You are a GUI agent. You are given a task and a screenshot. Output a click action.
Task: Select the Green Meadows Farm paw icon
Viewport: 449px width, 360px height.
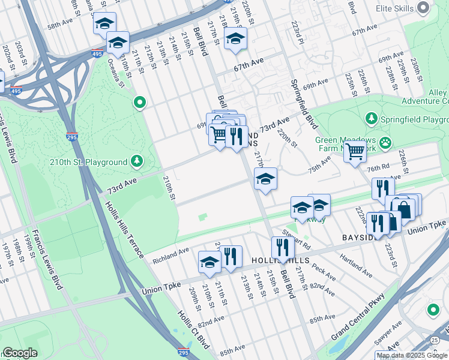coord(385,143)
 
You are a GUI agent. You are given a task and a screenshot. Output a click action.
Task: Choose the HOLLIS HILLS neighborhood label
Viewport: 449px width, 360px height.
coord(282,260)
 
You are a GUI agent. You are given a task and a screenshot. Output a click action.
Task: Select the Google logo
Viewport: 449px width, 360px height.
coord(20,353)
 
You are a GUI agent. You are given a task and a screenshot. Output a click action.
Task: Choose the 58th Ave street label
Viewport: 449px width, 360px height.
coord(62,26)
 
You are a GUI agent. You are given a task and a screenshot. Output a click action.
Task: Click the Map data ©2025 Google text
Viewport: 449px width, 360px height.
coord(411,355)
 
